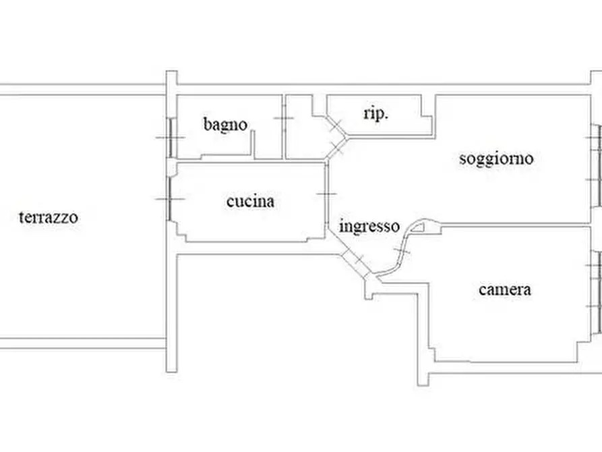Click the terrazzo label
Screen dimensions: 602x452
tap(49, 217)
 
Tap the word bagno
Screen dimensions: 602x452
tap(225, 125)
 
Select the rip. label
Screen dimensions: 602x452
tap(376, 113)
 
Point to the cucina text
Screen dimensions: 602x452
tap(250, 202)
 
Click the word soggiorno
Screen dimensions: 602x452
tap(496, 159)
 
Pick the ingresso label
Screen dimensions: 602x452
tap(369, 226)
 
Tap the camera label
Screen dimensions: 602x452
tap(505, 289)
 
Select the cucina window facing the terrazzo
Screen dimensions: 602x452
tap(170, 199)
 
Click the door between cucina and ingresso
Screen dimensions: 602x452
tap(327, 194)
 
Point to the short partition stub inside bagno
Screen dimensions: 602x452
tap(253, 144)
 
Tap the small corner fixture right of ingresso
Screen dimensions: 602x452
tap(418, 227)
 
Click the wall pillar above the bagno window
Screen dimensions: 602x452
tap(172, 94)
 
